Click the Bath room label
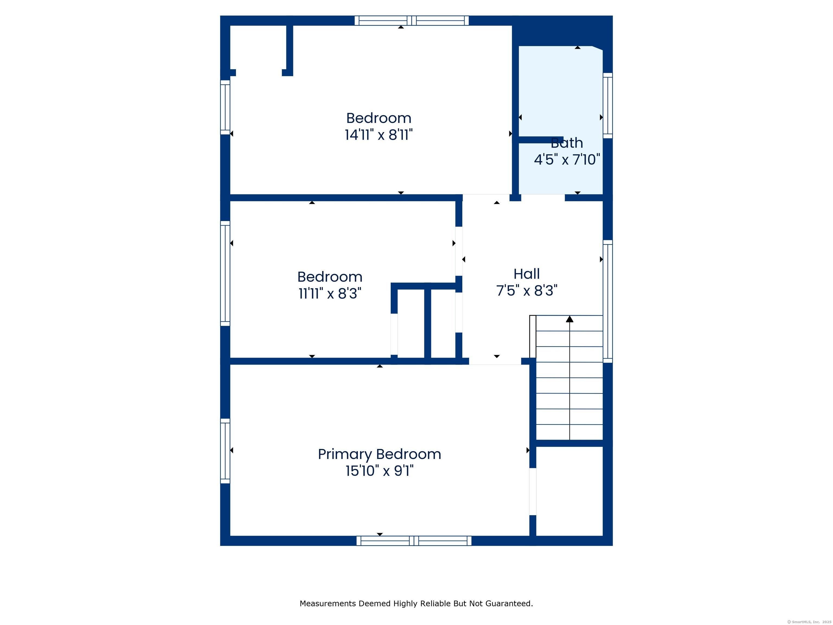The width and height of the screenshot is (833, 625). coord(567,143)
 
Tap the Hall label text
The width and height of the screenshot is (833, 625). coord(527,274)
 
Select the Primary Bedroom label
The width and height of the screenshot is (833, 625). coord(380,455)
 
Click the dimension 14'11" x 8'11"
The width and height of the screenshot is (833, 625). coord(379,135)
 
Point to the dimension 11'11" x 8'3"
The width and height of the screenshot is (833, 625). coord(330,294)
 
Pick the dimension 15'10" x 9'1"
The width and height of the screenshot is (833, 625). coord(380,471)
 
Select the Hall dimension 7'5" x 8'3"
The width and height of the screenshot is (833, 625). coord(527,291)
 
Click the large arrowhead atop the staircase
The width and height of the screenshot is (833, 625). coord(570,319)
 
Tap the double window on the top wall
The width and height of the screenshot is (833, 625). coord(412,20)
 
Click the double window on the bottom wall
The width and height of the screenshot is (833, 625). coord(414,541)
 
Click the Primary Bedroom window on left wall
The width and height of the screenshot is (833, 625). coord(225,451)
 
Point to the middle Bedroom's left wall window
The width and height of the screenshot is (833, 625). coord(225,273)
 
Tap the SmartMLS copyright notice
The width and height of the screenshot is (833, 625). coord(809,622)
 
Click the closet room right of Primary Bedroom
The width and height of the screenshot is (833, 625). coord(569,491)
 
